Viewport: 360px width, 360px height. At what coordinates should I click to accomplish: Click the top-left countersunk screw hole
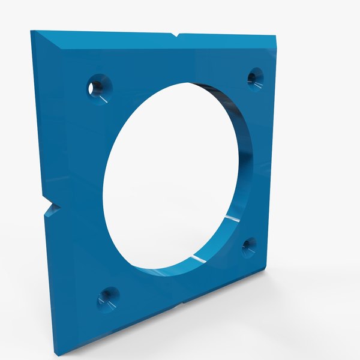(99, 87)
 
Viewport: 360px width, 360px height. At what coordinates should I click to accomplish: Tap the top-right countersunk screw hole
(256, 77)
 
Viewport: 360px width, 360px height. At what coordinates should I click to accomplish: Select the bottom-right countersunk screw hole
(249, 246)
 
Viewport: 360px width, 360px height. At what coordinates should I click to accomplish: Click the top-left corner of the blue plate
(32, 31)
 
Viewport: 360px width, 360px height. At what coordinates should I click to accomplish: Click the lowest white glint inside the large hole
(195, 258)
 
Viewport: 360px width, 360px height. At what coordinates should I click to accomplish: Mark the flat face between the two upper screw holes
(180, 66)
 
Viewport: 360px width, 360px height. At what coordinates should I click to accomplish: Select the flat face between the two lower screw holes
(180, 282)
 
